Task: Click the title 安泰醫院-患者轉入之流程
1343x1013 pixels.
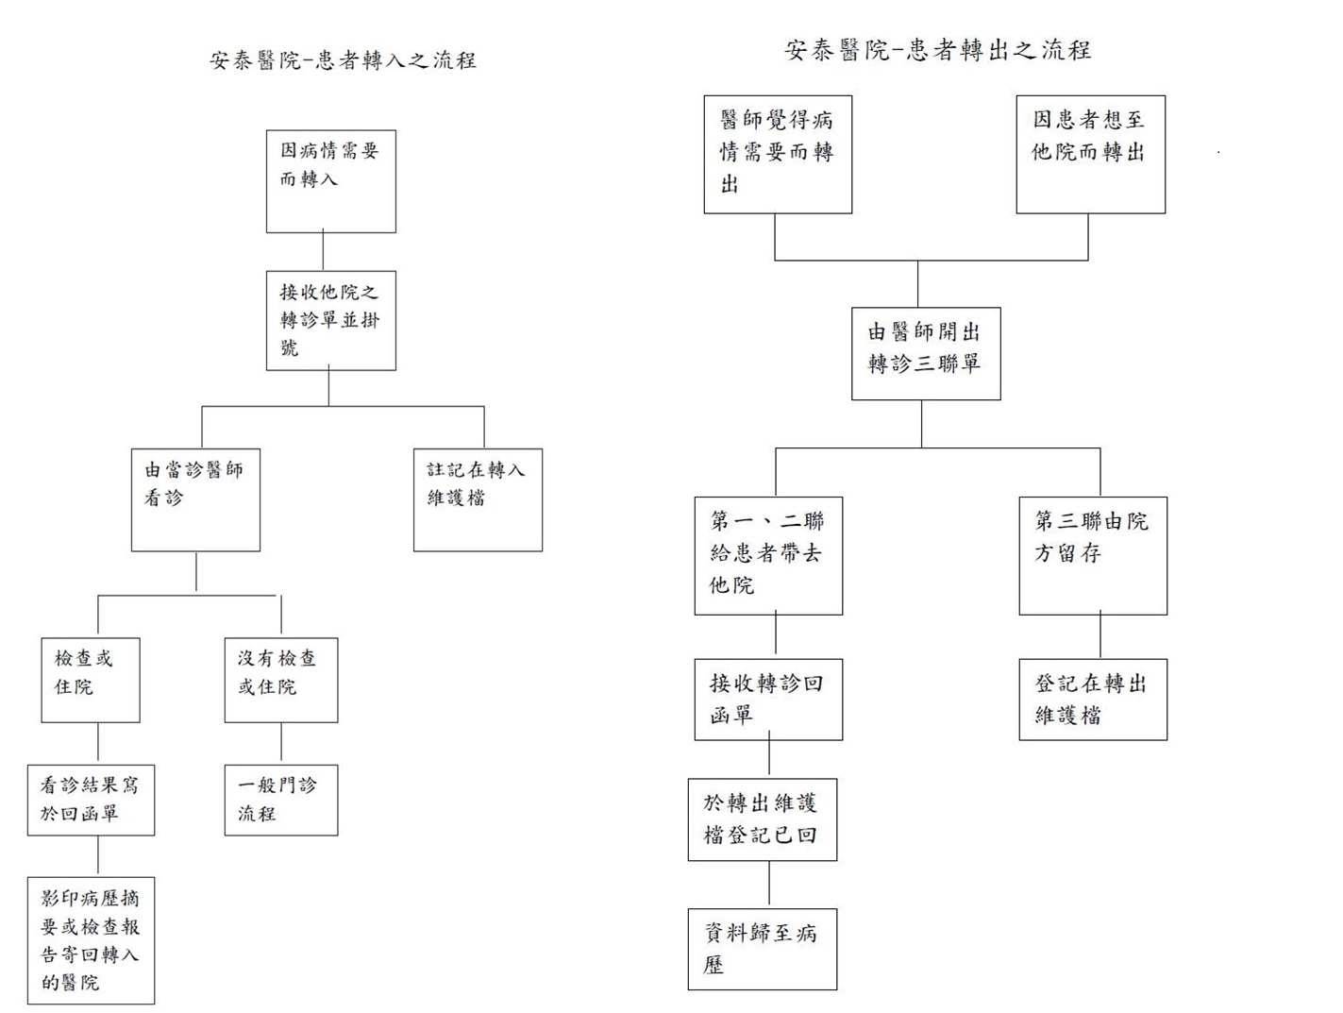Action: [343, 60]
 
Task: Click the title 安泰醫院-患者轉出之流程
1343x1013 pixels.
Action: [938, 50]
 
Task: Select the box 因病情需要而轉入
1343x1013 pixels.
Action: [331, 181]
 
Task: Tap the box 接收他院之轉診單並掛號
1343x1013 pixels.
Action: [331, 321]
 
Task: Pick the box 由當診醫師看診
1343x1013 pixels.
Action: [195, 500]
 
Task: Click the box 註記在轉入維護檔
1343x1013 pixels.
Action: [478, 500]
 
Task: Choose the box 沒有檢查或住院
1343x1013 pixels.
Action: [281, 680]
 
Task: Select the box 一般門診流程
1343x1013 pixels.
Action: [281, 800]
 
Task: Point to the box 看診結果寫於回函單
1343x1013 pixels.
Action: [91, 800]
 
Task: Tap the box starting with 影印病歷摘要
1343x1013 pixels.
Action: [91, 940]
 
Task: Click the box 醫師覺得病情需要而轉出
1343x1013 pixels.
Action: [778, 154]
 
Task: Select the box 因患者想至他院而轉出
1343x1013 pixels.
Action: [1091, 154]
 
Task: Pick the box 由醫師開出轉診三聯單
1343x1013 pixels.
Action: [927, 354]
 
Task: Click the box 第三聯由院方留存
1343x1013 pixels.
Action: [1093, 556]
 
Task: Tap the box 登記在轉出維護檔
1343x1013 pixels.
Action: [1093, 700]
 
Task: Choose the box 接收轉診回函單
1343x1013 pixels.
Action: [768, 700]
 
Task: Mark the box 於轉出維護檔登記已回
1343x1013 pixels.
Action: [763, 819]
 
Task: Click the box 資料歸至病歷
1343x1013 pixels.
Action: [763, 949]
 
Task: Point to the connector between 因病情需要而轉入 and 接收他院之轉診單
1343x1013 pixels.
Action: [323, 252]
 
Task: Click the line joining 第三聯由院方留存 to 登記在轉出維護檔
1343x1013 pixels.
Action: [1100, 636]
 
